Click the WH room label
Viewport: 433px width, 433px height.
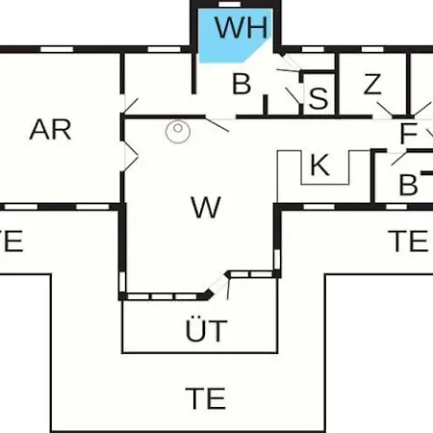coord(242,28)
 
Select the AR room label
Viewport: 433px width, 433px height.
coord(50,130)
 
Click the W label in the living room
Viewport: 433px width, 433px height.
coord(206,207)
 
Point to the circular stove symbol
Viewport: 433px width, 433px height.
coord(178,131)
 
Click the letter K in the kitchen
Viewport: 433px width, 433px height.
coord(319,165)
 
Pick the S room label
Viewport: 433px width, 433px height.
coord(318,98)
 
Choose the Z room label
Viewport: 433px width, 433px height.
coord(372,84)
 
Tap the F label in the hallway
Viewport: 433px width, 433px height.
coord(408,133)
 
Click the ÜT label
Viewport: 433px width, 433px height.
coord(207,329)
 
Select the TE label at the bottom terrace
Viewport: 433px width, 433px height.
coord(206,398)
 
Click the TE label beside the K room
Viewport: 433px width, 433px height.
coord(408,241)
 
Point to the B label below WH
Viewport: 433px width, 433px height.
coord(242,84)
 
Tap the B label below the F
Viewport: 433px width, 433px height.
coord(408,185)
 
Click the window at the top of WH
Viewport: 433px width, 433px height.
coord(229,4)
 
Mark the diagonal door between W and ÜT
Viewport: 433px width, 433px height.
coord(218,284)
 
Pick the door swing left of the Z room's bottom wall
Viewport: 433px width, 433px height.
coord(385,110)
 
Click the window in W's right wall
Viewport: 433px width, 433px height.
coord(277,260)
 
